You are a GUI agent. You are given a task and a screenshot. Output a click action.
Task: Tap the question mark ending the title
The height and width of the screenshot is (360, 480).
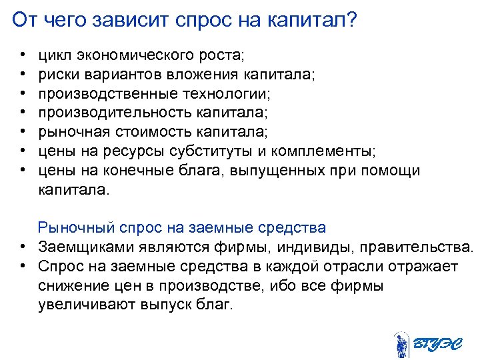pyautogui.click(x=351, y=20)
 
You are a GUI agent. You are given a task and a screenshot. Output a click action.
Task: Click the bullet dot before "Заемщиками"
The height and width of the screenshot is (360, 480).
pyautogui.click(x=22, y=248)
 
